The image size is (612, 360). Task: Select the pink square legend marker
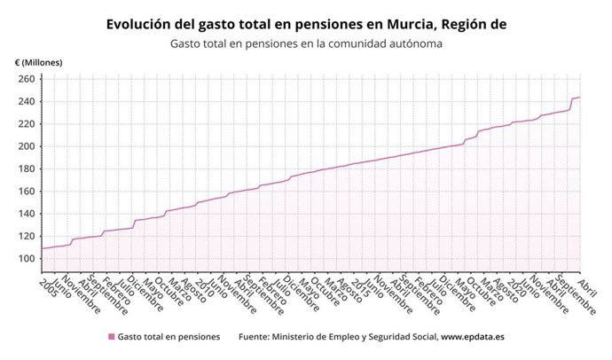(x=111, y=337)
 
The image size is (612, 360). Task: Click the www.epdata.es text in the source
(x=473, y=337)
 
